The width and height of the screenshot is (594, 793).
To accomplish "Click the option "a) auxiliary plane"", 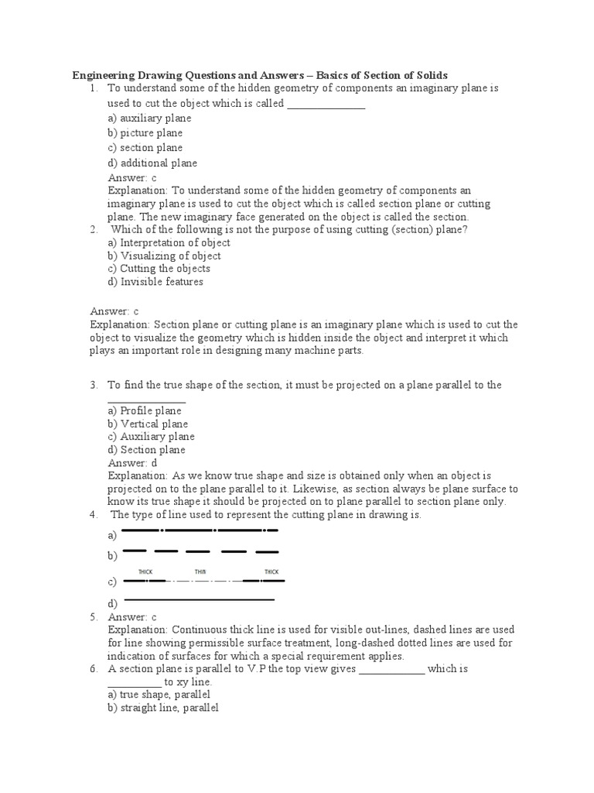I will tap(149, 118).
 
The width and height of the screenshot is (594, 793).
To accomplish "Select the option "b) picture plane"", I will tap(145, 133).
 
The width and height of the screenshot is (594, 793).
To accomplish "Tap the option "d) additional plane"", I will tap(152, 163).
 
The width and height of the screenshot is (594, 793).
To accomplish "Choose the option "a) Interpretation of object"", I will tap(169, 242).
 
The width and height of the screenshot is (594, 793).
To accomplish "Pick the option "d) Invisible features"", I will tap(155, 282).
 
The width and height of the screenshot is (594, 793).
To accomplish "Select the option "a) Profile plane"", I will tap(145, 410).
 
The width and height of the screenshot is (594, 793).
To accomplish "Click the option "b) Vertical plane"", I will tap(148, 424).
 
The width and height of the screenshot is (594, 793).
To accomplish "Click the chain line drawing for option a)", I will tap(200, 530).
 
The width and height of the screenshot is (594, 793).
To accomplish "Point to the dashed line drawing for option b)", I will tap(200, 552).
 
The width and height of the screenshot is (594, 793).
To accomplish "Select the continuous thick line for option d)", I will tap(199, 599).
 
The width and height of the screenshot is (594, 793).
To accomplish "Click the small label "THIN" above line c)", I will tap(201, 572).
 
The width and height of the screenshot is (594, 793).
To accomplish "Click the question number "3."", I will tap(94, 384).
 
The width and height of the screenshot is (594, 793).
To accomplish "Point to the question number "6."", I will tap(94, 668).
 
